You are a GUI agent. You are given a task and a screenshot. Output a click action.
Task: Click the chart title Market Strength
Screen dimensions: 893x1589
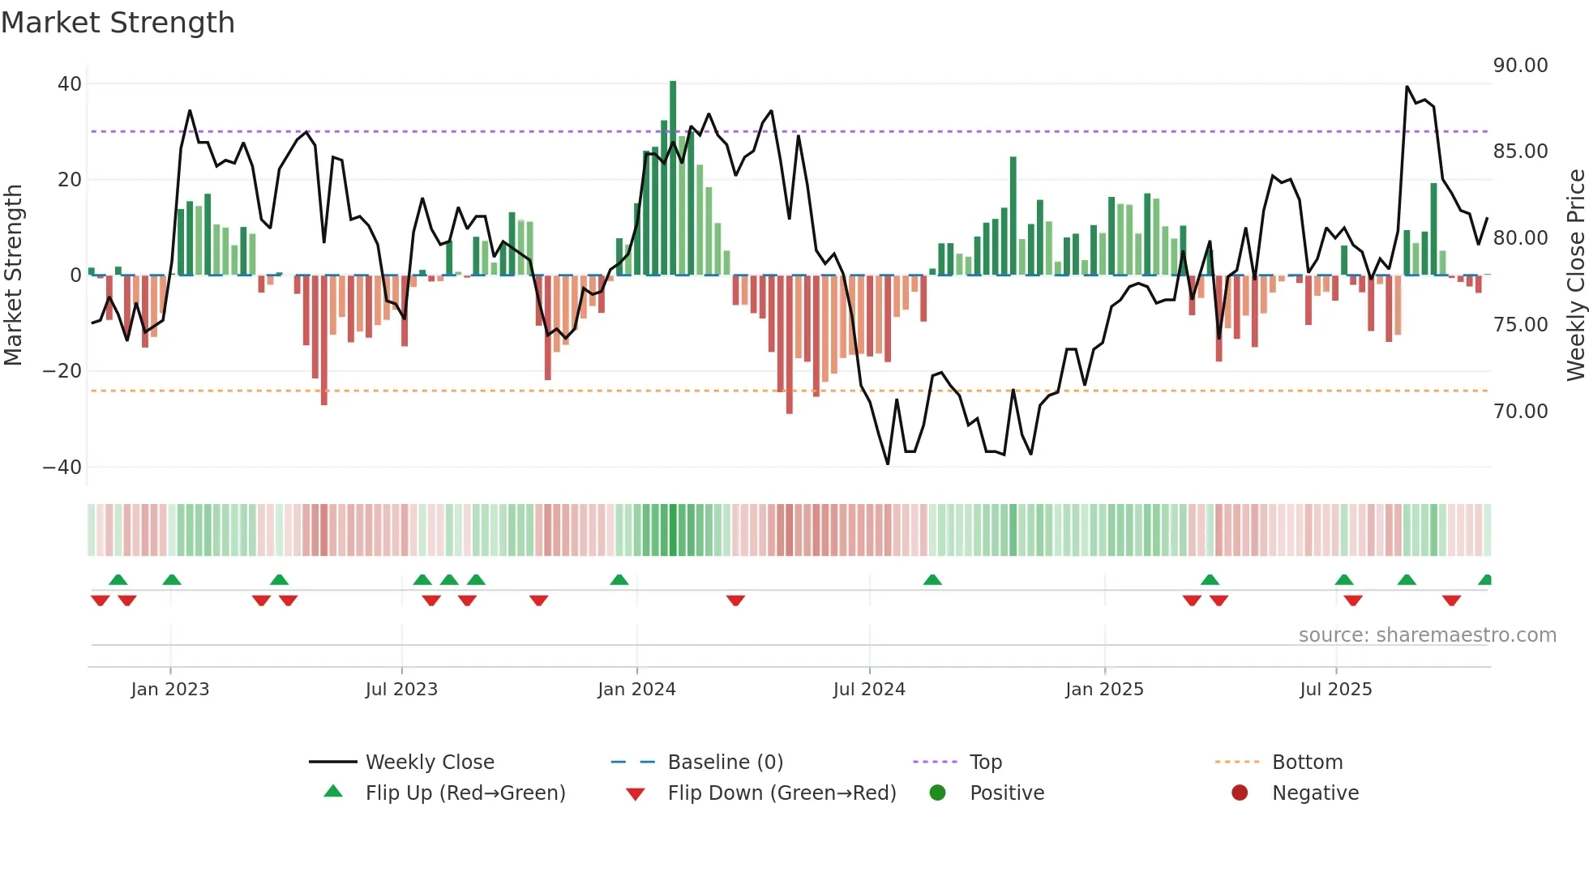118,23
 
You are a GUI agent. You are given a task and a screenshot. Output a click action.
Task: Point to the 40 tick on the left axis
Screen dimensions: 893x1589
70,84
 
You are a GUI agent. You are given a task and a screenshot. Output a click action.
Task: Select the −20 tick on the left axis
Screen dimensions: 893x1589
62,371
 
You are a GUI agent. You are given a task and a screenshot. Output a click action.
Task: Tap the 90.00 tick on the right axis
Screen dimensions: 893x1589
1520,66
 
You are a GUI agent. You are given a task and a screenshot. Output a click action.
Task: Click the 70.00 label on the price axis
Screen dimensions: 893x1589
1520,412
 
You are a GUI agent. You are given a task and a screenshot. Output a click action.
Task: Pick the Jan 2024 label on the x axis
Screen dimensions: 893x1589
636,690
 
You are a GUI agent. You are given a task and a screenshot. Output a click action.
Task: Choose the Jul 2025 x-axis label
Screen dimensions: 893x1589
1335,690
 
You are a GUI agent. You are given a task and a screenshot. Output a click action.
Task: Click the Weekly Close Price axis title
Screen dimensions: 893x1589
1575,276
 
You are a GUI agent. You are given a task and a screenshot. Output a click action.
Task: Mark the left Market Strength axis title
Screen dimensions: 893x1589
14,276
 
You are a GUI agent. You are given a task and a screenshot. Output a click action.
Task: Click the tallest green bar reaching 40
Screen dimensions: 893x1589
673,178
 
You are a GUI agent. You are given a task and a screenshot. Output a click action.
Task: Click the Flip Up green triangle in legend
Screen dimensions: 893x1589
333,792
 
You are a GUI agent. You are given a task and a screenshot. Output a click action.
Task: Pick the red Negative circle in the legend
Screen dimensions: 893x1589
1240,793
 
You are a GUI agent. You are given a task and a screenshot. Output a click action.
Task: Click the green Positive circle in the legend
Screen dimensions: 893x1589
937,793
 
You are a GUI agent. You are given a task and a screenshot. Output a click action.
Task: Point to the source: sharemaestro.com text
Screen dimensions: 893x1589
1427,635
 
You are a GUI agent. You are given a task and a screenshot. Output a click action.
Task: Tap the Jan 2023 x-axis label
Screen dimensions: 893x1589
170,690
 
